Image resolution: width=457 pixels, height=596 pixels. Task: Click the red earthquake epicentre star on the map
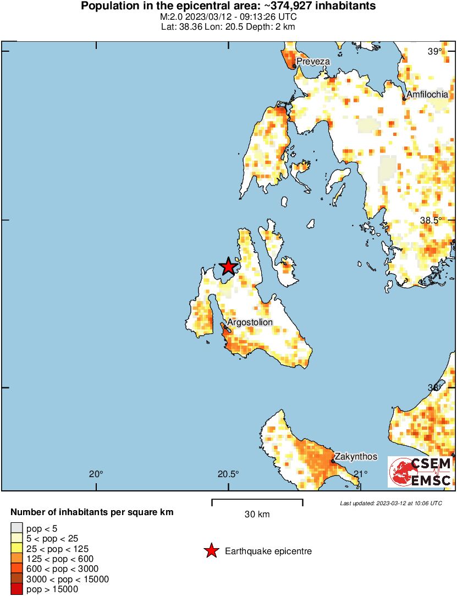pyautogui.click(x=228, y=266)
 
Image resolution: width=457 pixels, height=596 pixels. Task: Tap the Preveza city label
pyautogui.click(x=313, y=61)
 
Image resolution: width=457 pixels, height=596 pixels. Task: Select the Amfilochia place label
pyautogui.click(x=427, y=95)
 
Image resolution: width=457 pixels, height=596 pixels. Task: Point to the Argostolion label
pyautogui.click(x=250, y=322)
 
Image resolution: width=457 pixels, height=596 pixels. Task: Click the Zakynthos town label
pyautogui.click(x=356, y=456)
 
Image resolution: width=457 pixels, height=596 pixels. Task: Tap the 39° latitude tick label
pyautogui.click(x=435, y=52)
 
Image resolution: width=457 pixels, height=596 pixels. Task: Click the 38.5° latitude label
pyautogui.click(x=431, y=220)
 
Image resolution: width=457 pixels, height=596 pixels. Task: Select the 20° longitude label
pyautogui.click(x=96, y=474)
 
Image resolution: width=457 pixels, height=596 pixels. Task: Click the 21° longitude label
pyautogui.click(x=360, y=474)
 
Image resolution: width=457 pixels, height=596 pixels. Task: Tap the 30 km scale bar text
pyautogui.click(x=257, y=515)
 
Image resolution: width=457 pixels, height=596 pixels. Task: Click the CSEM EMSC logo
pyautogui.click(x=420, y=472)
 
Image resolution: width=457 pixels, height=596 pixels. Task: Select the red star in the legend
pyautogui.click(x=211, y=551)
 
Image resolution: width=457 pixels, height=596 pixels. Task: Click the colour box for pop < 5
pyautogui.click(x=17, y=528)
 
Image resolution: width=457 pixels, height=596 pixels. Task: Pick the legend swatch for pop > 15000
pyautogui.click(x=17, y=589)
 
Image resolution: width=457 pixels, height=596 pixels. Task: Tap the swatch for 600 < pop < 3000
pyautogui.click(x=17, y=568)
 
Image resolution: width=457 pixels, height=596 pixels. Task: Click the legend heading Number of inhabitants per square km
pyautogui.click(x=92, y=512)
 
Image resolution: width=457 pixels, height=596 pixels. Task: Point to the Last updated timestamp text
pyautogui.click(x=390, y=503)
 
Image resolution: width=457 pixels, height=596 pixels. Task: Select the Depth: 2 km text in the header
pyautogui.click(x=271, y=26)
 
